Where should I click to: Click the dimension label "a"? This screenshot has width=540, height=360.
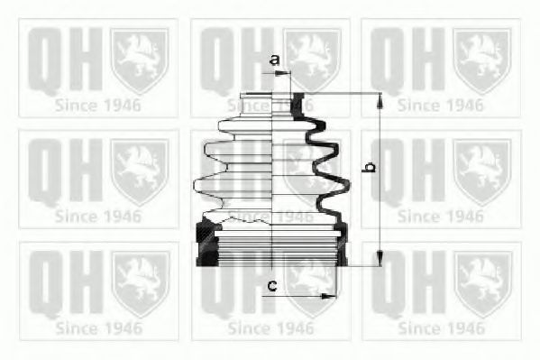[274, 60]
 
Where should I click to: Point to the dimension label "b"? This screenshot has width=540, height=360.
[367, 167]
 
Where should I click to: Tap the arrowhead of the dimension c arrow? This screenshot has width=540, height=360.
[320, 294]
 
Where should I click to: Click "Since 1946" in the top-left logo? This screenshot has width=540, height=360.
[97, 105]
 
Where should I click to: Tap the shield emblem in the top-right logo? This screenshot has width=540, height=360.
[481, 59]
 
